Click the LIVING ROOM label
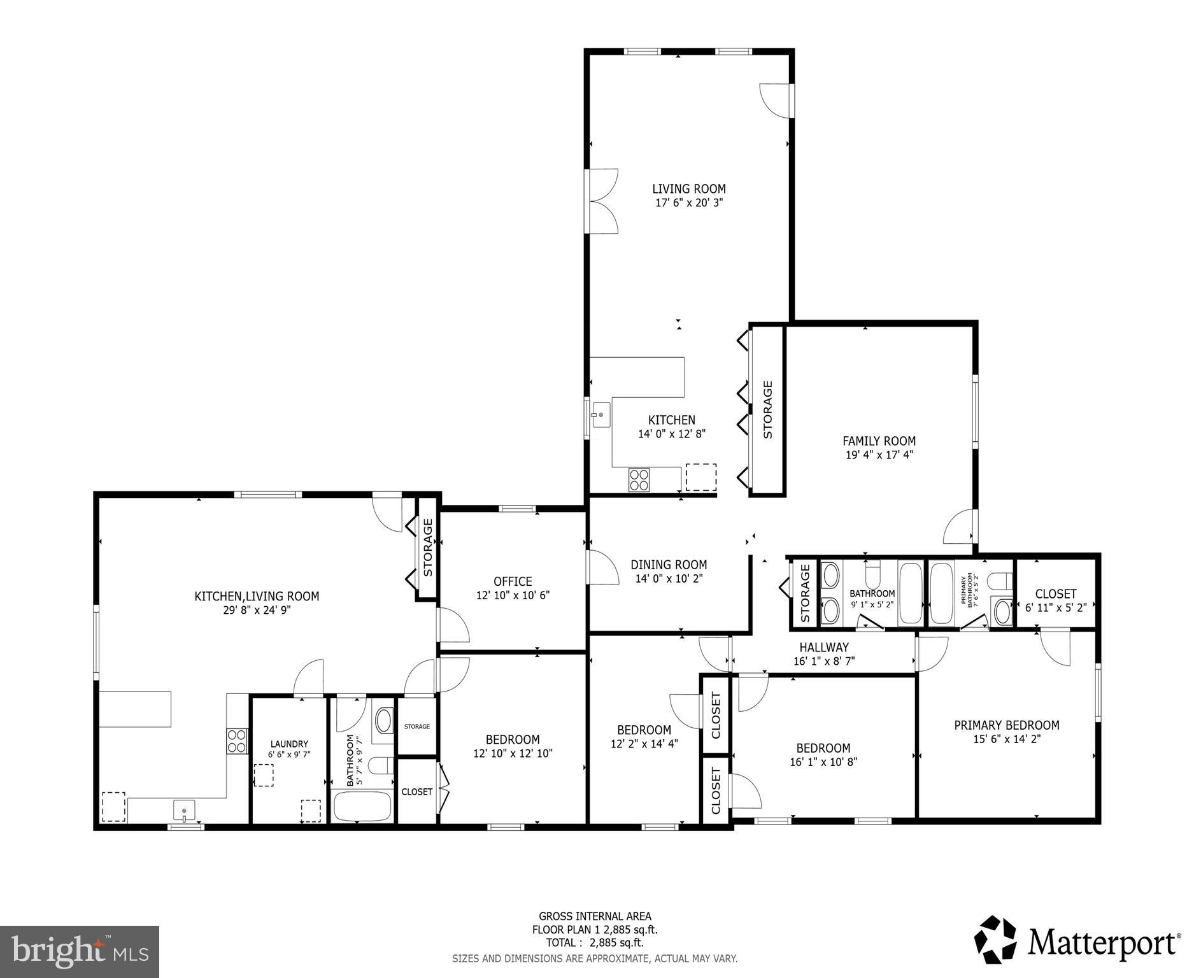688,189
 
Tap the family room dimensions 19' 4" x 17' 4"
879,455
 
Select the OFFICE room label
513,581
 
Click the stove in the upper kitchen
639,479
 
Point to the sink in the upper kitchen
600,415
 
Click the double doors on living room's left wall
602,201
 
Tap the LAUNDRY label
289,744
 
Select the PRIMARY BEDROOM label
1006,725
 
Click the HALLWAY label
824,648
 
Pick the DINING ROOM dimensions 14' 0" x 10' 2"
669,579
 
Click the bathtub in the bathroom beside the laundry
362,806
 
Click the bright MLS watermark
79,951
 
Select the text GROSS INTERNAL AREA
595,916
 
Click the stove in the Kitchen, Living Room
237,741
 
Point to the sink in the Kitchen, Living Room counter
183,812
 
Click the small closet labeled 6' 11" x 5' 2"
1055,600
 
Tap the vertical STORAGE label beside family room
767,409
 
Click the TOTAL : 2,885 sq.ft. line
594,943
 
